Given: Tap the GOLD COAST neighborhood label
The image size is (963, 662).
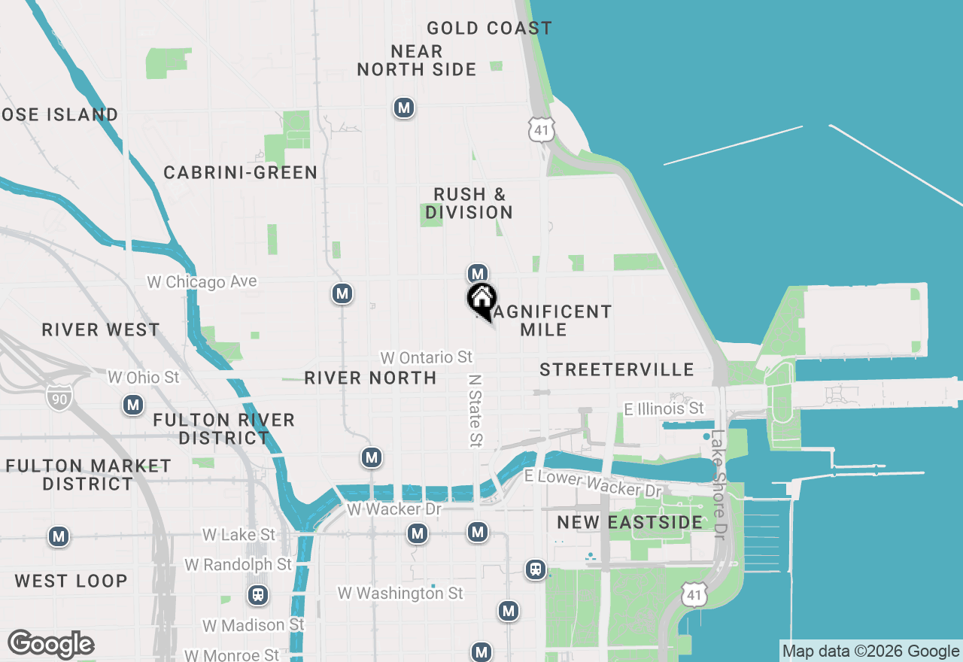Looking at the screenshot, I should coord(489,29).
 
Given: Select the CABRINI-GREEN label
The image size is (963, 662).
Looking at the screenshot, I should coord(241,173).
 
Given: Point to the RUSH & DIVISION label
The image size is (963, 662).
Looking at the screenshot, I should coord(469,203).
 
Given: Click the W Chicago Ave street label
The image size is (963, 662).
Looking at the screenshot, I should coord(202,282).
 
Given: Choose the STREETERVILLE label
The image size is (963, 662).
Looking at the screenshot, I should coord(617,369).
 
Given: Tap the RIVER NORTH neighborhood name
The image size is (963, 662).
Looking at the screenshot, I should coord(370,378).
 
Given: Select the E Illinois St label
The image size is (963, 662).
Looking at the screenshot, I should coord(664,408).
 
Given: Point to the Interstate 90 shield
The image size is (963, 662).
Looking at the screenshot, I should coord(58,396).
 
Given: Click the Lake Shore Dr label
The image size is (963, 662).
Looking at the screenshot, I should coord(718,484).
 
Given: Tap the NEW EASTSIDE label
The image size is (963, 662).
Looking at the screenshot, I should coord(630,522).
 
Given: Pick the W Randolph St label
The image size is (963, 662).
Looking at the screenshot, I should coord(238,564).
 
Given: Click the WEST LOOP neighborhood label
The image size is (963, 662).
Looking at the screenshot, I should coord(71,581).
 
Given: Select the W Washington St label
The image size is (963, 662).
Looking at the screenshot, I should coord(400,594).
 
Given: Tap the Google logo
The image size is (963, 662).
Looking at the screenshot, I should coord(50,645).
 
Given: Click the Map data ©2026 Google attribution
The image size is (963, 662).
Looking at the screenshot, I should coord(870,651).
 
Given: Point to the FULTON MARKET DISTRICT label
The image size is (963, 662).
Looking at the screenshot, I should coord(88,475).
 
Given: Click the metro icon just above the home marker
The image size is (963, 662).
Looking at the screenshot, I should coord(477,272).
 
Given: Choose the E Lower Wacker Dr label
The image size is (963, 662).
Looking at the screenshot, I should coord(593,484).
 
